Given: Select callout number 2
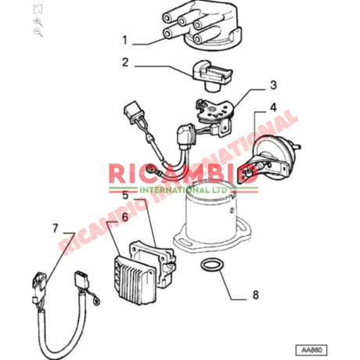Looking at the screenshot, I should [x=124, y=63].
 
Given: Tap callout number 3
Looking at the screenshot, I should [x=273, y=85].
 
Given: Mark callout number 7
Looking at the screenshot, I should [x=54, y=229].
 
